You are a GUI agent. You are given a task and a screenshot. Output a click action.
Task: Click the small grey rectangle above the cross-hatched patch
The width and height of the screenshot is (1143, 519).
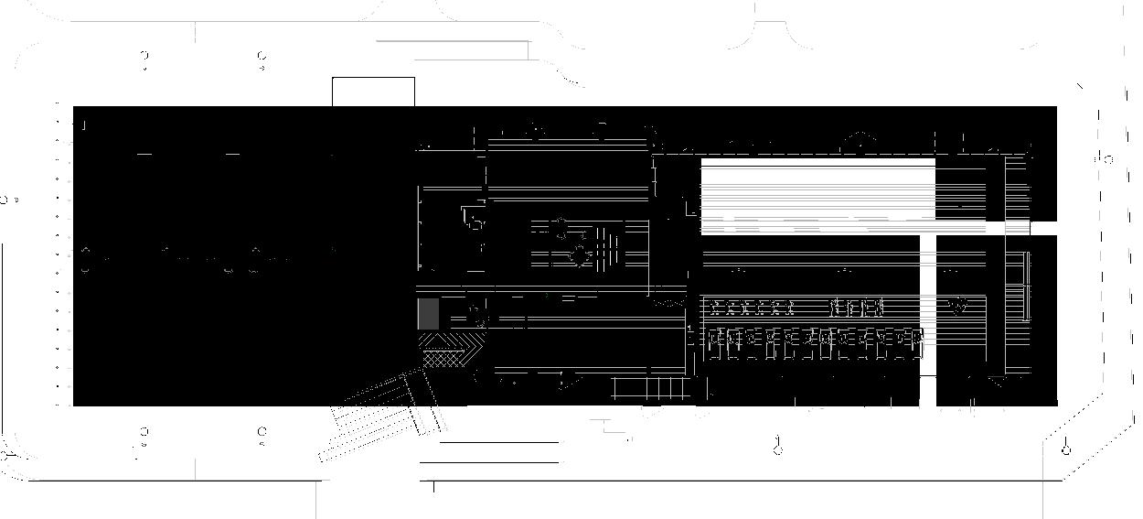click(x=428, y=314)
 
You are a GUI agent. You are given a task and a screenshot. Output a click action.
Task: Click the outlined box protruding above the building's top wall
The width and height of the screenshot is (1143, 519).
click(x=373, y=92)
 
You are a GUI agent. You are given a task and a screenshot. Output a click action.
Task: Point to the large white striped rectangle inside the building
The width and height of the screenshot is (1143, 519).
click(x=817, y=193)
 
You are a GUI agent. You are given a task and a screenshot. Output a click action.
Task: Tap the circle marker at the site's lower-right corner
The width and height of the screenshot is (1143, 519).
click(x=1065, y=449)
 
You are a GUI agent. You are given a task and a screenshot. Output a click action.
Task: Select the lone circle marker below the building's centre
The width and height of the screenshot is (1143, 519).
click(x=778, y=448)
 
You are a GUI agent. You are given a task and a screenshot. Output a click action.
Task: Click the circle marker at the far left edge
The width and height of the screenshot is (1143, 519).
click(x=5, y=199)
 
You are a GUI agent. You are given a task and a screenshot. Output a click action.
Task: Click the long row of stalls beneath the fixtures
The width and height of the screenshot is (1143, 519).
click(x=815, y=342)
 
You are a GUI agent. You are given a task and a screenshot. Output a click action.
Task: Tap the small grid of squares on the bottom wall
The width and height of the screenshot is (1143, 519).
click(x=650, y=389)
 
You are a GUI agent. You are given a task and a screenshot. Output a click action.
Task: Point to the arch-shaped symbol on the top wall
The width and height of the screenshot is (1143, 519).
click(x=859, y=140)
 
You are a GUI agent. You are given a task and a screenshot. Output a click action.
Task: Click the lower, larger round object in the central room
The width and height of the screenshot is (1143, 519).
click(x=578, y=254)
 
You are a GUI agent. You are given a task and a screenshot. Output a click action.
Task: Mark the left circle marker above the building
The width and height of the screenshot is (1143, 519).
click(x=144, y=60)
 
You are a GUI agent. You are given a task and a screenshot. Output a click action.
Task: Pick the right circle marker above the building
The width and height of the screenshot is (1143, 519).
click(x=262, y=60)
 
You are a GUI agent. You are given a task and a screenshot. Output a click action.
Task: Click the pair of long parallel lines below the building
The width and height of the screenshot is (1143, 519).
click(x=499, y=452)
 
